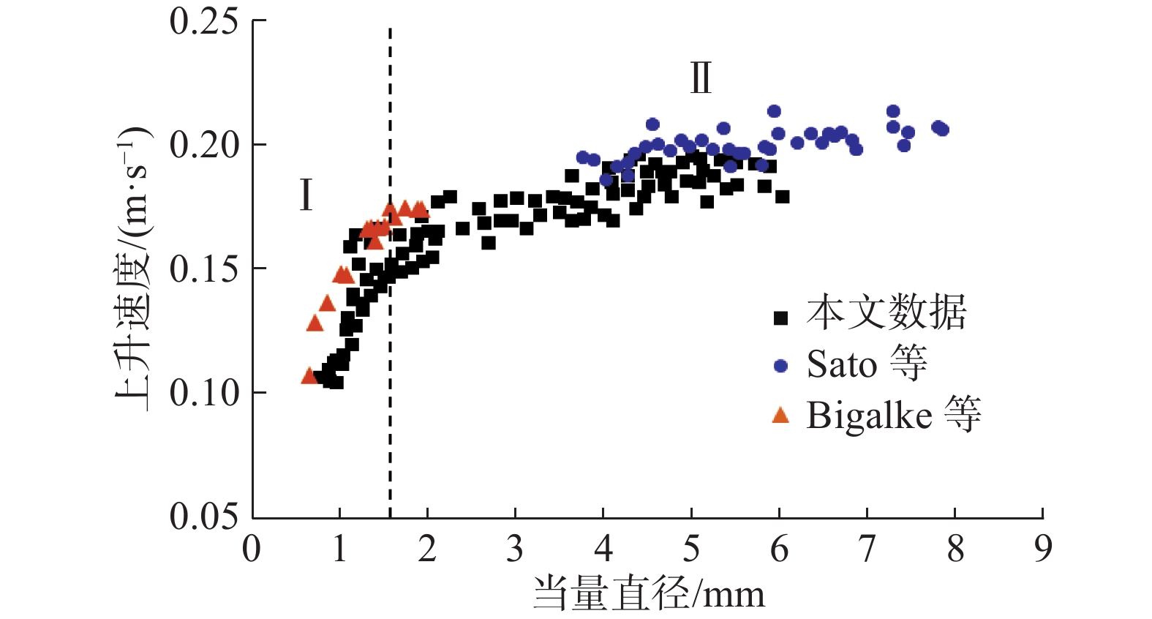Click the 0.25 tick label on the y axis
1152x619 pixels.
pos(205,21)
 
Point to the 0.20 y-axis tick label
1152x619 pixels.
pos(205,145)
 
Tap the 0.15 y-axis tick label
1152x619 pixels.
pos(205,269)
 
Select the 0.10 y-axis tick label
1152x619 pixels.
pos(205,393)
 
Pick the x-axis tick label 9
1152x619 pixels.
pos(1043,549)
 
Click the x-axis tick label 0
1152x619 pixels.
pos(252,549)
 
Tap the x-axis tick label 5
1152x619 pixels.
pos(691,549)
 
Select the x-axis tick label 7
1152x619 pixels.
pos(867,549)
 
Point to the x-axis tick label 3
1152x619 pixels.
pos(515,549)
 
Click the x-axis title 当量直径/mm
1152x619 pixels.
pos(648,593)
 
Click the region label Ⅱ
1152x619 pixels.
pos(701,78)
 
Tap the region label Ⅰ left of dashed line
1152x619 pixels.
pos(306,195)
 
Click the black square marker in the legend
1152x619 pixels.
pos(780,318)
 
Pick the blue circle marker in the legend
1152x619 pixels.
pos(780,366)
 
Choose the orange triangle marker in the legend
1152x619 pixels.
pos(780,416)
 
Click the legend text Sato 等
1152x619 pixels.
pos(867,364)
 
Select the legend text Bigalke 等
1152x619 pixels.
pos(893,415)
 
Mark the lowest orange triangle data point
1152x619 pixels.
pos(309,376)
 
